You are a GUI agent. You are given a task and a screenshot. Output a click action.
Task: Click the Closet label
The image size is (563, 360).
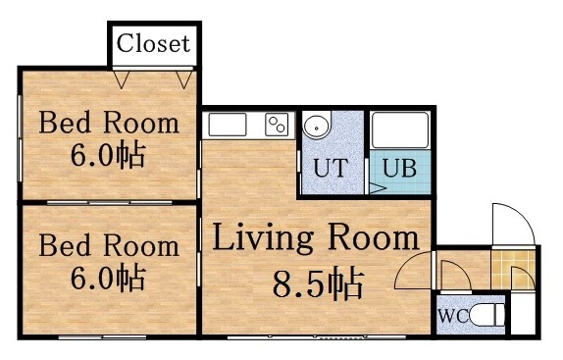[x=153, y=43]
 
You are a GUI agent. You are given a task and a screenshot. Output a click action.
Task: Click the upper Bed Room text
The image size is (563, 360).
[x=109, y=124]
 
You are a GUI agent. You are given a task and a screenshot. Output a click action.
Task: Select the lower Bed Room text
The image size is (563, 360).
[x=109, y=244]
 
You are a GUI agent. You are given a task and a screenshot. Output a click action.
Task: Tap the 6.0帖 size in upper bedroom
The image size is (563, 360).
[x=108, y=155]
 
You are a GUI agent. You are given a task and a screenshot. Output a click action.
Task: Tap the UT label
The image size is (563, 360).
[x=330, y=167]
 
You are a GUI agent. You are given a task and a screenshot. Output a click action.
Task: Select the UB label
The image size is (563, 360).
[x=399, y=168]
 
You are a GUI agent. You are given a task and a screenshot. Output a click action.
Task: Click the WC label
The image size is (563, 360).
[x=452, y=317]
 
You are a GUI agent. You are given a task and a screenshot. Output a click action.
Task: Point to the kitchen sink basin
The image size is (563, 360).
[x=228, y=125]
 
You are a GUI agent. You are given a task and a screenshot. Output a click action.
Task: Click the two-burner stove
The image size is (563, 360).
[x=278, y=125]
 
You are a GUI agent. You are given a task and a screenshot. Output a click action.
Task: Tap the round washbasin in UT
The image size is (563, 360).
[x=317, y=128]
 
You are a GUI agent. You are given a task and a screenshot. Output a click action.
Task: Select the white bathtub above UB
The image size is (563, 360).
[x=399, y=129]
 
